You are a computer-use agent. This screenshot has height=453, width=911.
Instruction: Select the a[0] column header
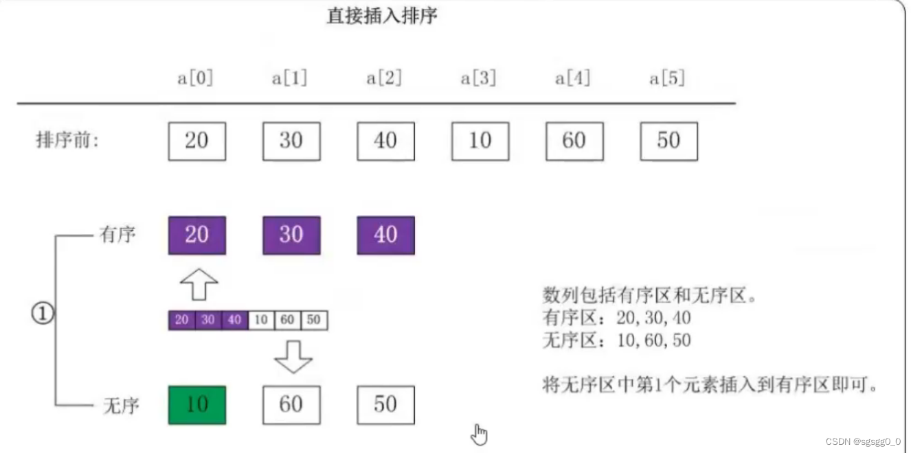196,78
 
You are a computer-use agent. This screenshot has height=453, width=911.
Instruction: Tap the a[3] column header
479,78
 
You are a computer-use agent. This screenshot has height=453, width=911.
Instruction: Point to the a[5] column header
668,78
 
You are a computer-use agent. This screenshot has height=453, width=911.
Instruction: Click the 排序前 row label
67,141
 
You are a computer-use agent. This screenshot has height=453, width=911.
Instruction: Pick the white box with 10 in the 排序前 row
480,141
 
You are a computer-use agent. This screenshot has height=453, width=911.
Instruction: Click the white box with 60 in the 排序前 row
574,141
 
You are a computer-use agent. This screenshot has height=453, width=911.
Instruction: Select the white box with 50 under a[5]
668,141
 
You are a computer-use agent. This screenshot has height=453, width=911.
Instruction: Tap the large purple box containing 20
197,235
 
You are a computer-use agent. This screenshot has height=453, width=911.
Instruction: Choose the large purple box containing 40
385,235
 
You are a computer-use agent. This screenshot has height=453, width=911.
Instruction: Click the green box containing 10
197,405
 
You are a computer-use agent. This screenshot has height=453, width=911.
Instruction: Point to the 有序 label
118,235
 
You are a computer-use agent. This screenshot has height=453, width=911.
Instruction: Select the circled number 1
43,314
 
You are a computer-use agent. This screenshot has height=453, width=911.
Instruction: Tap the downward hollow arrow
293,356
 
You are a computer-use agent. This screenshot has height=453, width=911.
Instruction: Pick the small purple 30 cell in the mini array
208,320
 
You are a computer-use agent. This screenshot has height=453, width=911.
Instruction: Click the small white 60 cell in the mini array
287,320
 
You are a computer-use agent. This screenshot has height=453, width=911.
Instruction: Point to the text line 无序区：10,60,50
616,340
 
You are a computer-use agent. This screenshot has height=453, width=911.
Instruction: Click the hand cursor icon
480,434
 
